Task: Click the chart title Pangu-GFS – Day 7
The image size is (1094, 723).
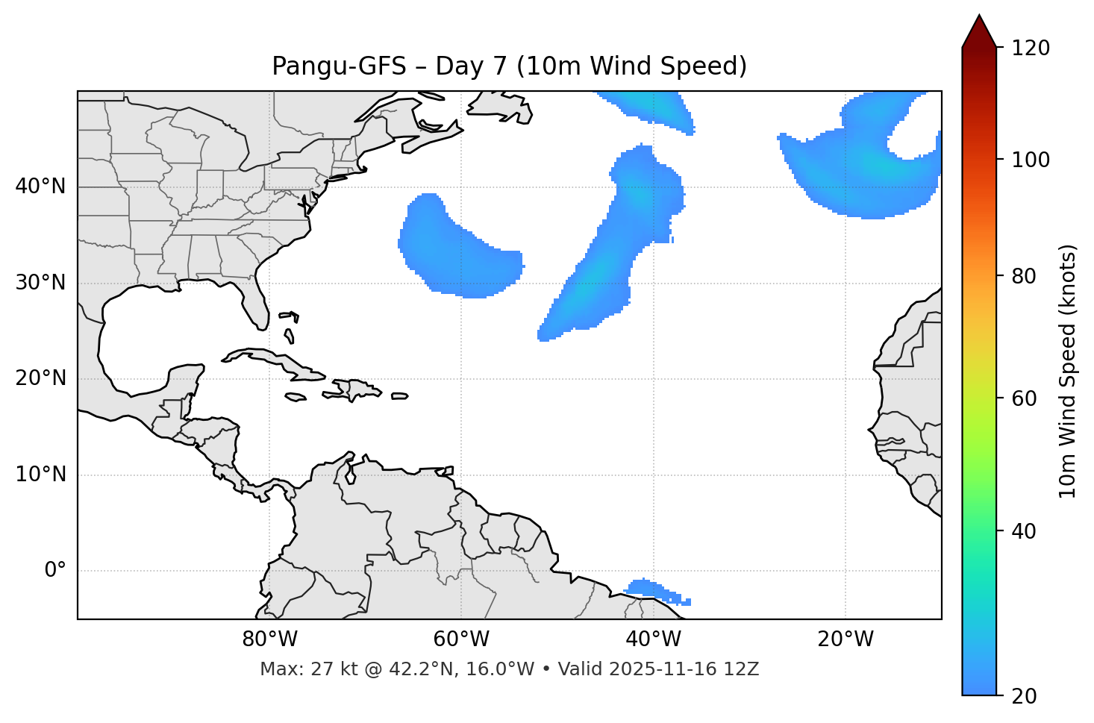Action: pos(509,66)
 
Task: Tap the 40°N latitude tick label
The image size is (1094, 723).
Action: pos(40,187)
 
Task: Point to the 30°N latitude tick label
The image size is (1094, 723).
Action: pos(40,283)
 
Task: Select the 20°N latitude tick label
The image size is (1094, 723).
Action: pos(40,378)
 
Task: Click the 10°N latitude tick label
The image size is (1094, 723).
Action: pos(40,475)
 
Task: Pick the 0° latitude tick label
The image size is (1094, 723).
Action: pos(55,571)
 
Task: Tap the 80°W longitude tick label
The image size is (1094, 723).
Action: pos(269,639)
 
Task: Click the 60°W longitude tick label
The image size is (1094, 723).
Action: pos(461,639)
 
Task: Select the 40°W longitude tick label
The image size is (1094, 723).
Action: pos(653,639)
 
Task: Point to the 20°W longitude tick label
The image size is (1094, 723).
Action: pos(845,639)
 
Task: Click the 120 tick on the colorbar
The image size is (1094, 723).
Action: pos(1031,48)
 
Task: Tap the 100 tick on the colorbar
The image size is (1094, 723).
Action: pos(1031,160)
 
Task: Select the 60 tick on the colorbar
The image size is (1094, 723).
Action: pos(1023,398)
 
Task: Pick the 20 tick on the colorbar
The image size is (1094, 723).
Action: pos(1023,696)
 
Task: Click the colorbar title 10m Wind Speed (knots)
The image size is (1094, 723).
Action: pos(1068,372)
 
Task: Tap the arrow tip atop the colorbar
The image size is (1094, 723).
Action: pos(979,16)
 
